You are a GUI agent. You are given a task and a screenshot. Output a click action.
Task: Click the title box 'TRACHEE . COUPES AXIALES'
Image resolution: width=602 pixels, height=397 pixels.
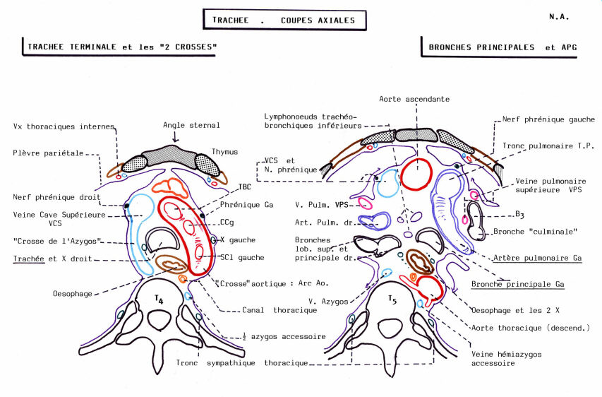(x=284, y=20)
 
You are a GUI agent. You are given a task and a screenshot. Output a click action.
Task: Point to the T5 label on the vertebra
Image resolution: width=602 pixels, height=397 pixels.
(x=392, y=300)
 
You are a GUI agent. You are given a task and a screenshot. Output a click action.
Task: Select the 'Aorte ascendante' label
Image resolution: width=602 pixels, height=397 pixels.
(x=414, y=100)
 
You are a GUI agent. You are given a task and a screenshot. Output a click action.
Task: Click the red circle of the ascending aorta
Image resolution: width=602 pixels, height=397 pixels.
(x=416, y=174)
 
